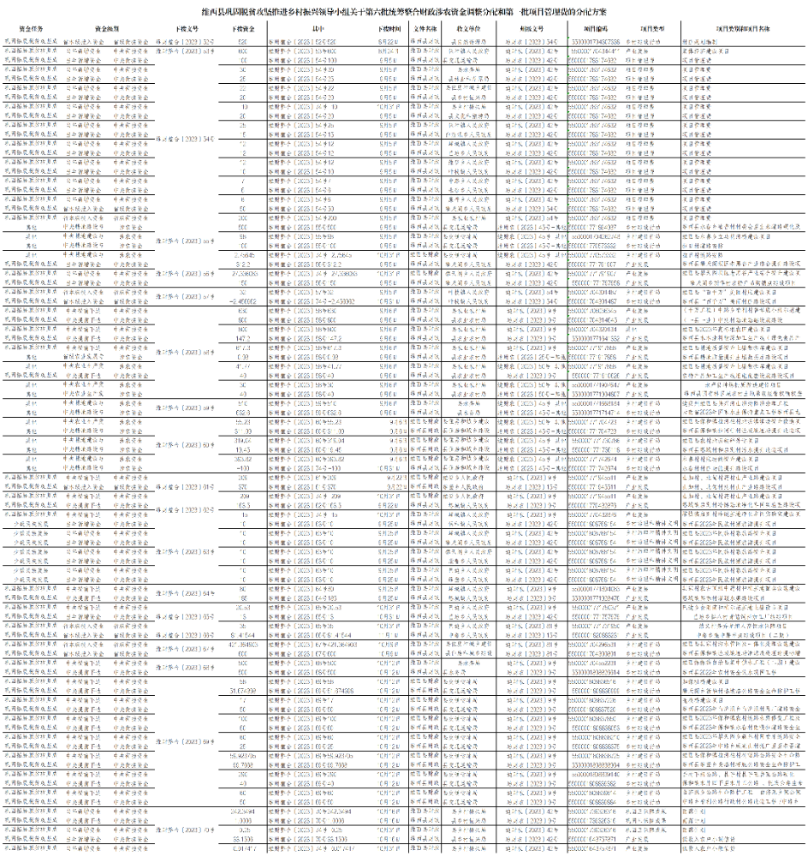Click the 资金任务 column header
coord(31,28)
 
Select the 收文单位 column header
coord(469,28)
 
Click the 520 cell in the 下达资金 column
coord(244,40)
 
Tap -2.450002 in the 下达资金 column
coord(244,300)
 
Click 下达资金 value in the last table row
coord(244,850)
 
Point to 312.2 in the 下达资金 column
coord(244,264)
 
